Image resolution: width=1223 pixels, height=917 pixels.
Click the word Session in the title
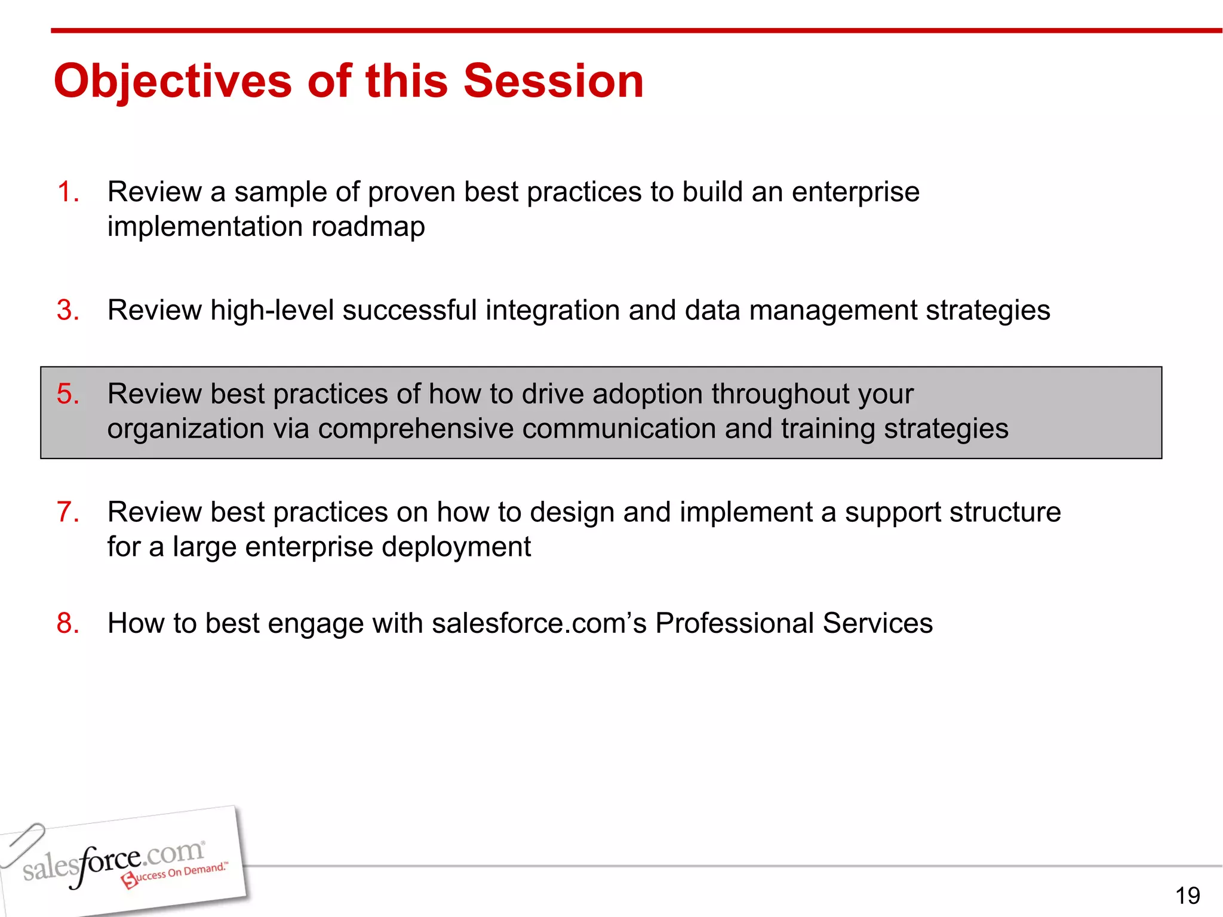554,81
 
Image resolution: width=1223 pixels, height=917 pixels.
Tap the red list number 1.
67,192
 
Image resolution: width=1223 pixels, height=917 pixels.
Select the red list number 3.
67,310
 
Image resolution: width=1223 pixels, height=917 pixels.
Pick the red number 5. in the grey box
67,394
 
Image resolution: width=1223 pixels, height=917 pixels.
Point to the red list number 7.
67,512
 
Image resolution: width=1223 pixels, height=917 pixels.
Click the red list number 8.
67,623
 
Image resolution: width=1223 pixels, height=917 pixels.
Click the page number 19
1187,896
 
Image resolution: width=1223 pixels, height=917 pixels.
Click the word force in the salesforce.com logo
107,863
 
